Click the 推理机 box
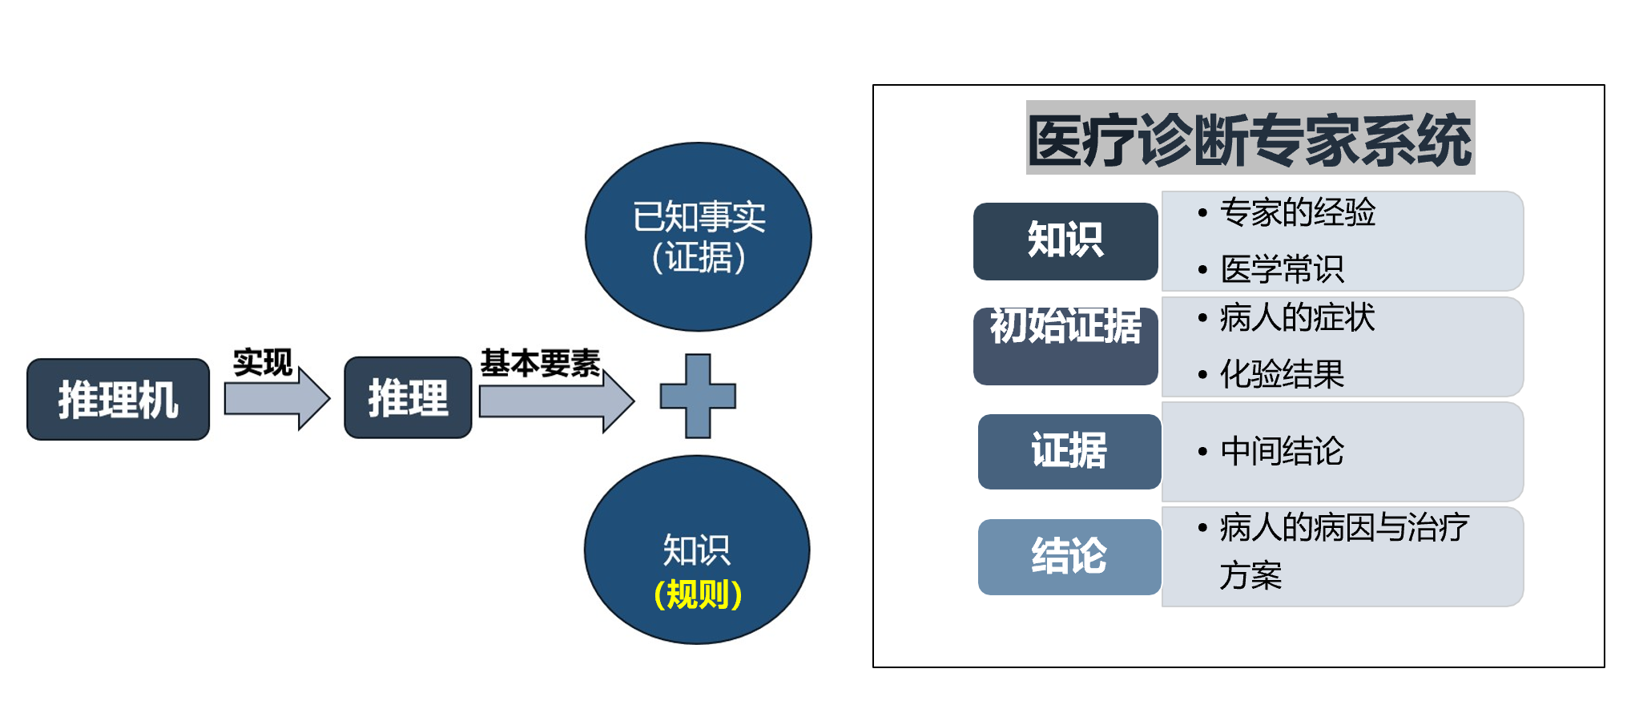[x=119, y=399]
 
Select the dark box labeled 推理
[x=408, y=398]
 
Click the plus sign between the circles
[x=698, y=396]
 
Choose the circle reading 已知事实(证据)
[x=699, y=237]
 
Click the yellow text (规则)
[x=698, y=594]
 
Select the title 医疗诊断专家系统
[x=1250, y=139]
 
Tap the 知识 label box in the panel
[x=1065, y=241]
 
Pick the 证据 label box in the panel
[x=1069, y=451]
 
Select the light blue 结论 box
[x=1069, y=557]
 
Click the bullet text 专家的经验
[x=1298, y=212]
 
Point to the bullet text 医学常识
[x=1282, y=269]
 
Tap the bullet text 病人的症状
[x=1297, y=318]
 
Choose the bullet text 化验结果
[x=1282, y=374]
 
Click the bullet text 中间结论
[x=1282, y=451]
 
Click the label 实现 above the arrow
[x=263, y=362]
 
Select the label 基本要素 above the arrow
[x=541, y=363]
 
